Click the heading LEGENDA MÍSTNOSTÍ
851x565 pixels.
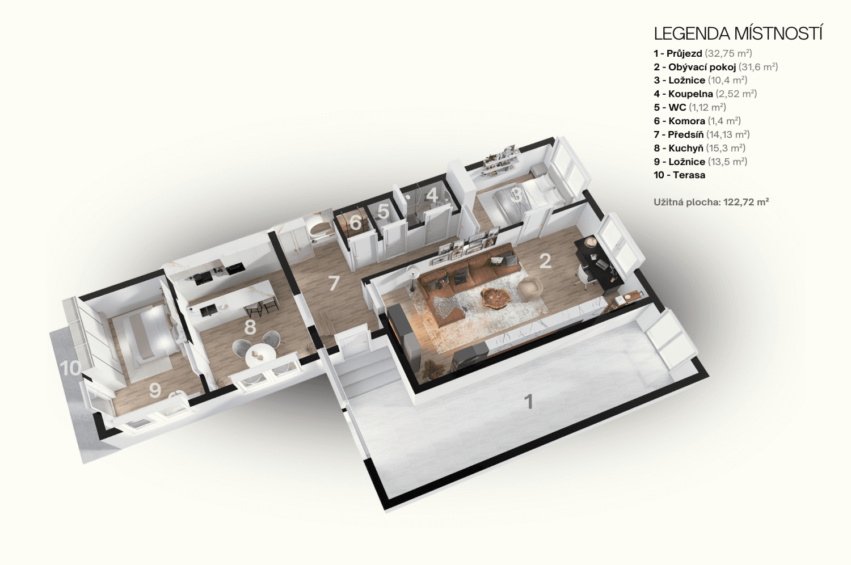738,33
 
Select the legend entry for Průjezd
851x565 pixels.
703,53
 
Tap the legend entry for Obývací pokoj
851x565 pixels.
716,67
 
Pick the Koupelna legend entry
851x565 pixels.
705,94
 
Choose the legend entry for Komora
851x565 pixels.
697,121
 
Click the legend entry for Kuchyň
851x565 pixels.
700,148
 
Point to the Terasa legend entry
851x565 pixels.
679,175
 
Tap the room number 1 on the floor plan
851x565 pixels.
528,402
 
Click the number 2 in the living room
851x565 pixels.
545,261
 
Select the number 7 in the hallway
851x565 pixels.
334,283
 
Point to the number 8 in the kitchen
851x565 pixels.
250,327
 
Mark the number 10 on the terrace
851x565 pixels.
70,368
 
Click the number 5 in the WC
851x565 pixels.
383,212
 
